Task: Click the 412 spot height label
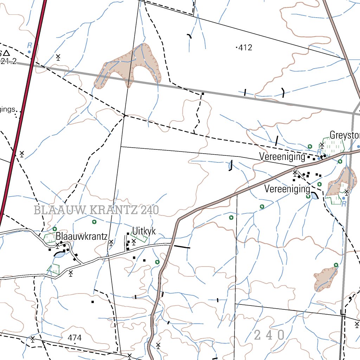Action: (245, 47)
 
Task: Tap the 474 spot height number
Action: (75, 338)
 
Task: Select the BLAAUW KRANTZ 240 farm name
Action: (96, 210)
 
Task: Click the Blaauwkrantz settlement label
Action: (82, 236)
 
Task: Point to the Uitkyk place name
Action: (143, 231)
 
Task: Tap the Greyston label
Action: (345, 135)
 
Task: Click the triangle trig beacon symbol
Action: (6, 53)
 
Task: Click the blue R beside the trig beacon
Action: (30, 45)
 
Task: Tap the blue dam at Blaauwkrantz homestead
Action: (59, 255)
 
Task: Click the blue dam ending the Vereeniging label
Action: (314, 195)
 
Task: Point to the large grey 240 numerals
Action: (269, 335)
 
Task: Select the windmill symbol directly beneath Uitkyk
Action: (134, 241)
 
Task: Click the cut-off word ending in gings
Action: (8, 109)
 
